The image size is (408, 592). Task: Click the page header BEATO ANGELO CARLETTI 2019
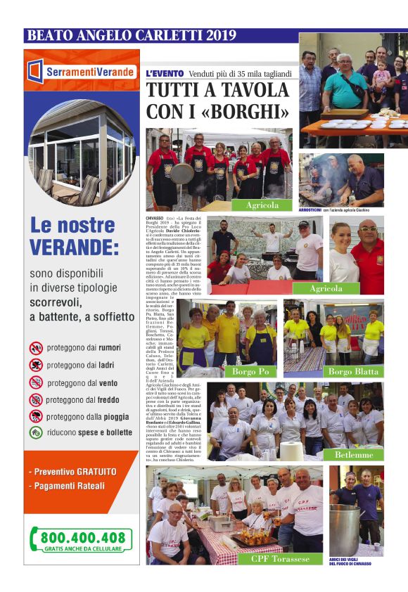[131, 35]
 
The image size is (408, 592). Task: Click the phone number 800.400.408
[82, 538]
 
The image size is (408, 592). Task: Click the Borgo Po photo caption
[249, 371]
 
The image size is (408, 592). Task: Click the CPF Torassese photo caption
[281, 558]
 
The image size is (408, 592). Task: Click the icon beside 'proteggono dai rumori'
[36, 347]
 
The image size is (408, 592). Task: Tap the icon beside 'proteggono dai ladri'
[36, 365]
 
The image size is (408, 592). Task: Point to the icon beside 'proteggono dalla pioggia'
[36, 416]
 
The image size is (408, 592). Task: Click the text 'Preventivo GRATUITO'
[72, 472]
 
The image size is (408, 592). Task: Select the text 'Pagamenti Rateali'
[68, 486]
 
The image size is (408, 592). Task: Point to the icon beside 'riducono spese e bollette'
[36, 434]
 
